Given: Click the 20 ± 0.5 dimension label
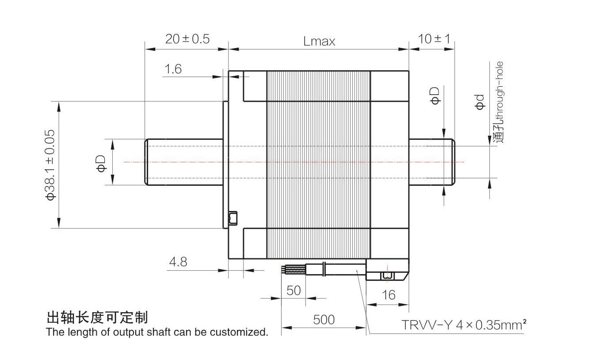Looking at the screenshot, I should click(187, 39).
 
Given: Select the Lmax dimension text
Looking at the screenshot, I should click(319, 41).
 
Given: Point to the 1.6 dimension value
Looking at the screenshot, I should click(173, 69).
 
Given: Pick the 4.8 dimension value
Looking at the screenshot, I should click(178, 262).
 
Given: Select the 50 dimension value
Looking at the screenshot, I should click(293, 291).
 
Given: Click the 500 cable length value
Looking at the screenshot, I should click(324, 319).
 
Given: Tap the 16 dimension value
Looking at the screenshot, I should click(388, 295).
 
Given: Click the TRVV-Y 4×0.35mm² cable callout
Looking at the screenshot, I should click(464, 325).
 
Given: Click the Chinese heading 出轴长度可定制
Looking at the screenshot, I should click(97, 317).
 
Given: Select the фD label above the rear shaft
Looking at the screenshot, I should click(435, 95).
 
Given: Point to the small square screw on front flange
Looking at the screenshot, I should click(232, 218).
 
